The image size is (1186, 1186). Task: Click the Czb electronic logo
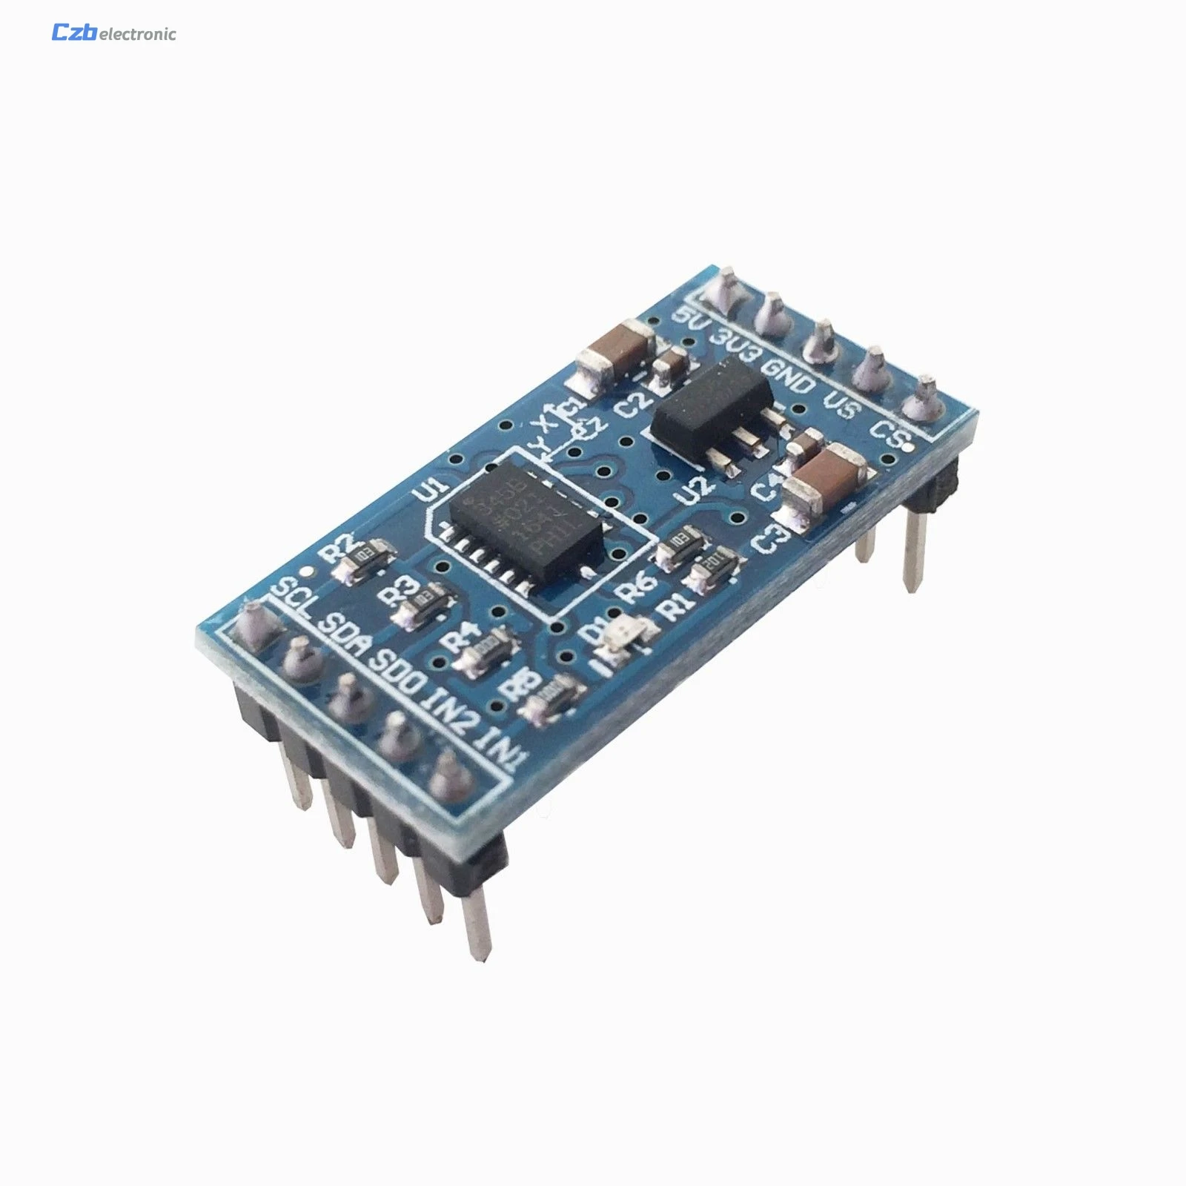(x=113, y=33)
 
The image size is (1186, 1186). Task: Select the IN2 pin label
(x=448, y=709)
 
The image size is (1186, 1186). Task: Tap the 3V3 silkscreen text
(x=733, y=342)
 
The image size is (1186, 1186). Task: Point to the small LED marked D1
(x=629, y=635)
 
